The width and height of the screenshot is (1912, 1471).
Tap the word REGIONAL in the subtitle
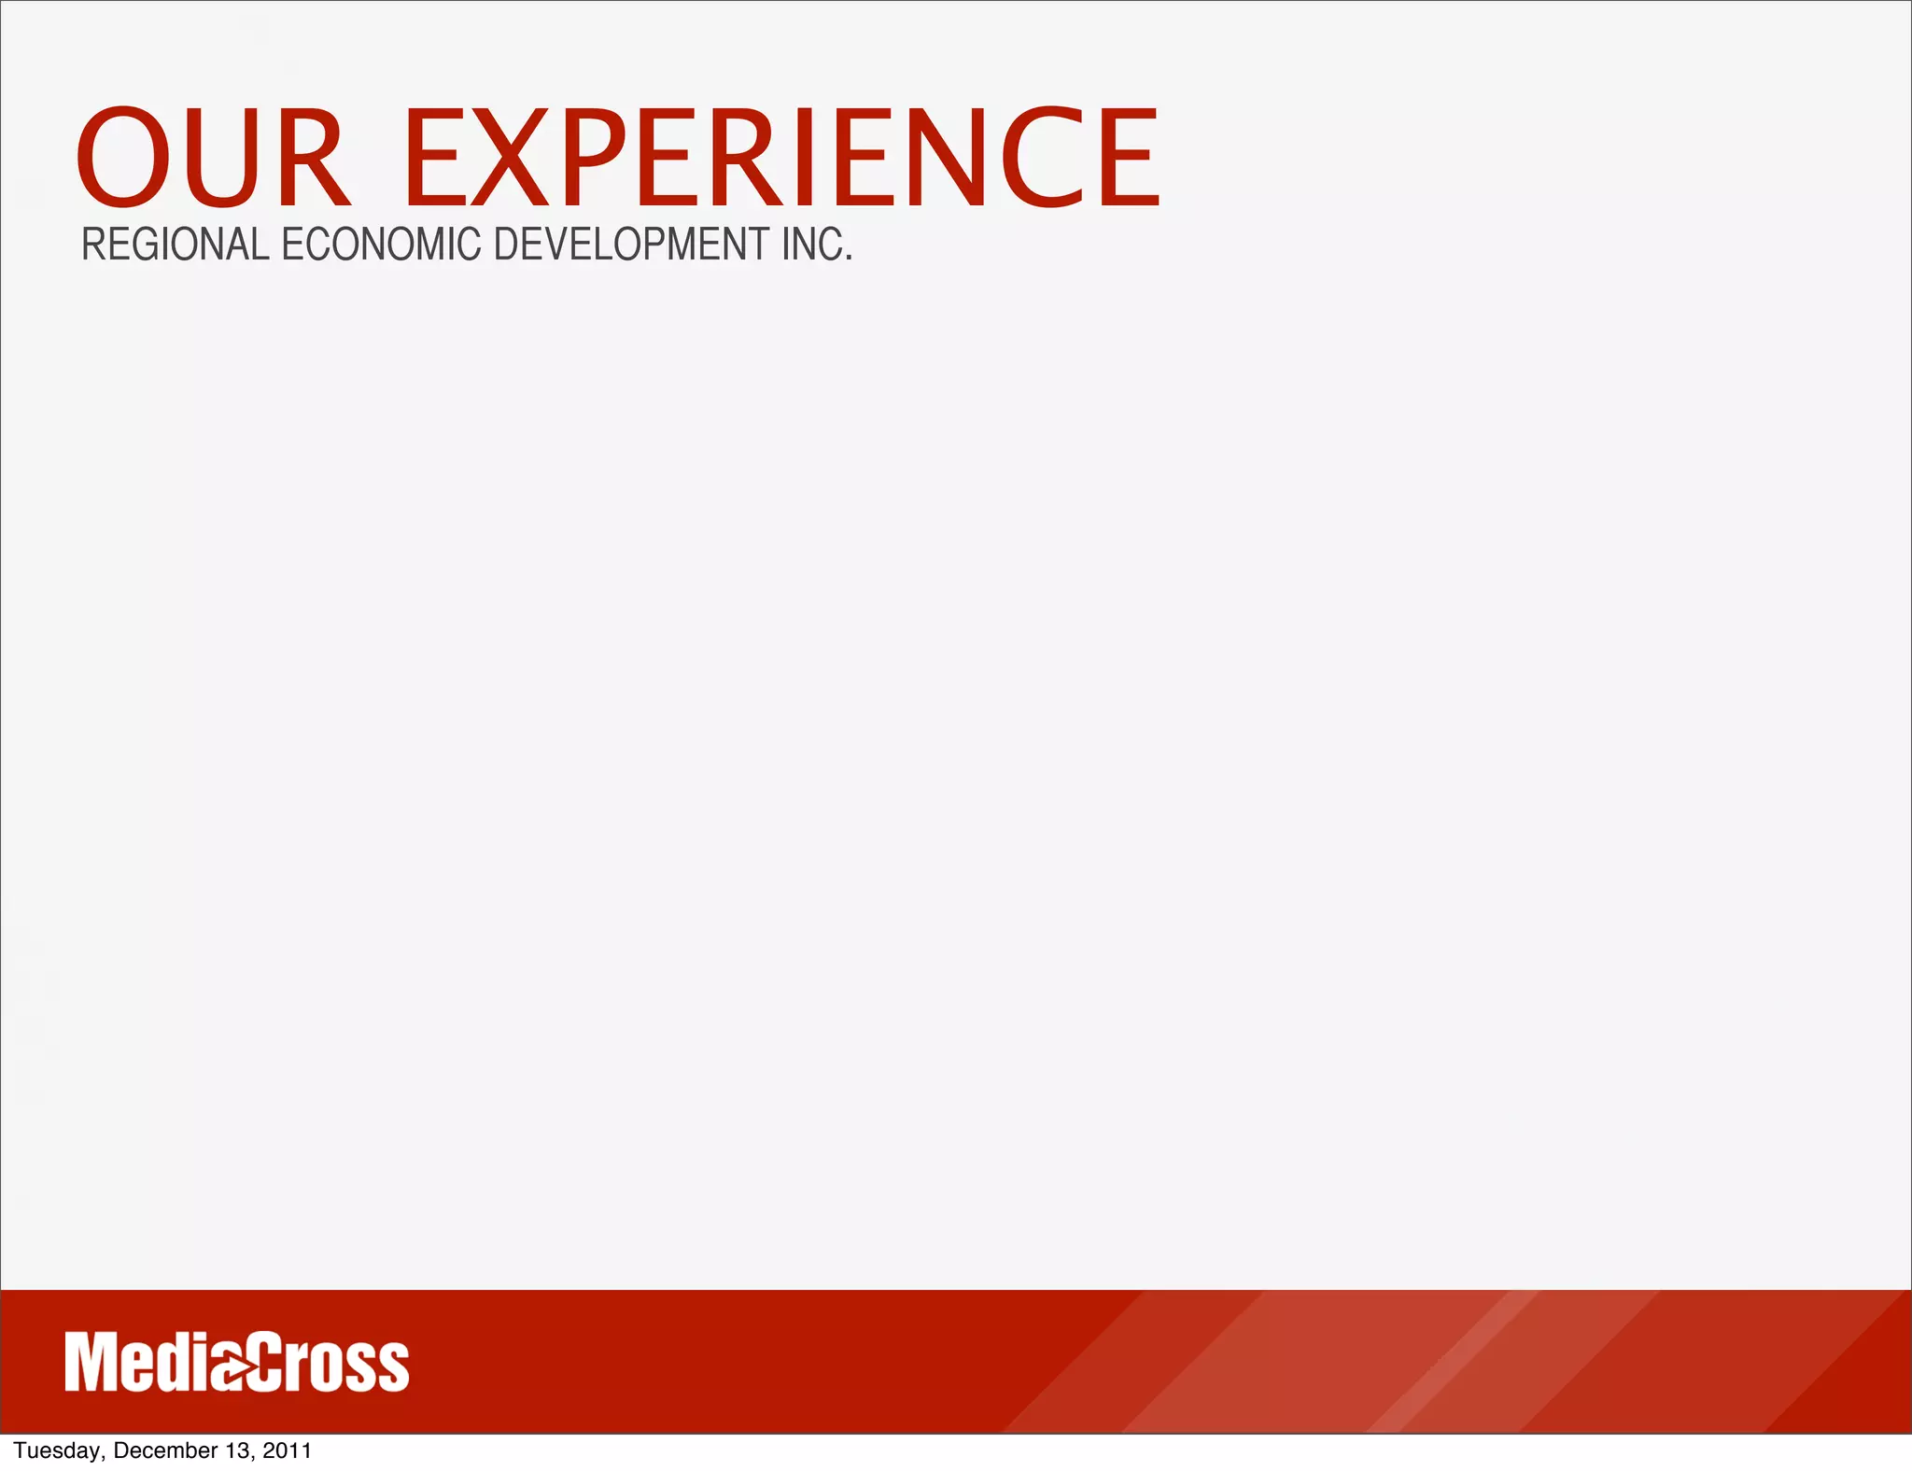click(x=176, y=245)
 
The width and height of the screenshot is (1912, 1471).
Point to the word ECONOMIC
click(x=382, y=245)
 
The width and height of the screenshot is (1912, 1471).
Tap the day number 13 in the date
click(x=238, y=1450)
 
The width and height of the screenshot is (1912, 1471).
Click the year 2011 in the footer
click(x=287, y=1450)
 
